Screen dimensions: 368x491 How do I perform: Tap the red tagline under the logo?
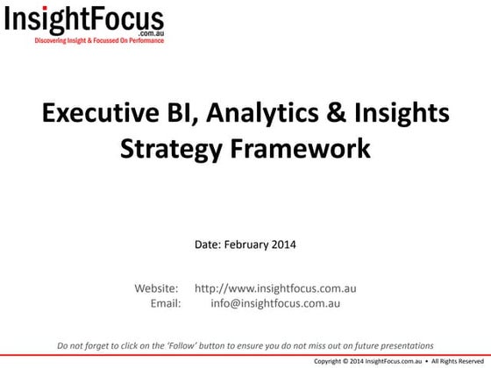tap(99, 40)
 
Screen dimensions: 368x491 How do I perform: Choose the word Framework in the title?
tap(297, 148)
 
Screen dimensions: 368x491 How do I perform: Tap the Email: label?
tap(166, 303)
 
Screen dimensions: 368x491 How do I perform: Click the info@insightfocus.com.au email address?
tap(275, 303)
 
